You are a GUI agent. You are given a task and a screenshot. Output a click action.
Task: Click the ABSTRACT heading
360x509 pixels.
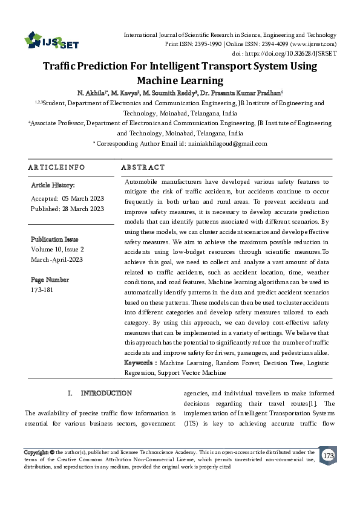[143, 167]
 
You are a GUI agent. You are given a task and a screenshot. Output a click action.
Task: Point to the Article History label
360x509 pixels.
[53, 185]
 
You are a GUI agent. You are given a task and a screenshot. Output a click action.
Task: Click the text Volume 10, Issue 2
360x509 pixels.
[57, 249]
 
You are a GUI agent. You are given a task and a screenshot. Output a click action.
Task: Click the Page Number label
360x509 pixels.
[50, 280]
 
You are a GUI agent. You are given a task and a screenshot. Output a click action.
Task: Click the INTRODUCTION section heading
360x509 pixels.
[106, 394]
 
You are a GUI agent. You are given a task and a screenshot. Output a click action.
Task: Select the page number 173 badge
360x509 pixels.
[329, 455]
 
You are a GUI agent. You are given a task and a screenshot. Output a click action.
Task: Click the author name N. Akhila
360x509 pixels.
[91, 92]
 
